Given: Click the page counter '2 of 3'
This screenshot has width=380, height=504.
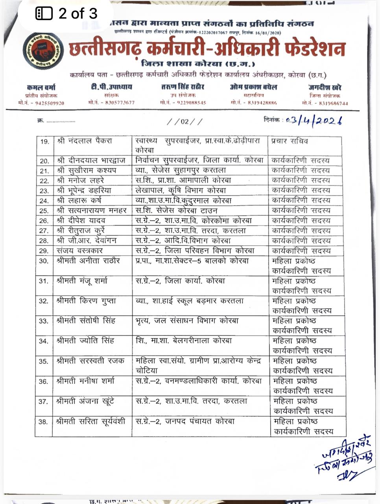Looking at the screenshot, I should tap(66, 14).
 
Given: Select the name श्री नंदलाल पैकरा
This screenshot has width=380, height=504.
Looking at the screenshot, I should tap(84, 141).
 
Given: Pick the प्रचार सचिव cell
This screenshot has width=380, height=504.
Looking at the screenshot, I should tap(290, 141).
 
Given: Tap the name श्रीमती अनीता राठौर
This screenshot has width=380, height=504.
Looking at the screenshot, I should tap(88, 261).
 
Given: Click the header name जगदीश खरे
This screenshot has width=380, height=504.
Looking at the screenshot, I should tap(325, 87).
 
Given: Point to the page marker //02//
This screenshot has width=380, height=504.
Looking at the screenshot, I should tap(184, 121).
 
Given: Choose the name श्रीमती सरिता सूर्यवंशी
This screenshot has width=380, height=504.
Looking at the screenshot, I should tap(91, 422).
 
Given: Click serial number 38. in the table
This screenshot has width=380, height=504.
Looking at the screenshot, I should tap(43, 422).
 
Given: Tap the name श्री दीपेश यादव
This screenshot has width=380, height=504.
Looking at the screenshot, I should tap(81, 221).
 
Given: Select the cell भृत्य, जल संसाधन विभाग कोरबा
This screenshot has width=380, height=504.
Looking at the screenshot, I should tap(187, 321).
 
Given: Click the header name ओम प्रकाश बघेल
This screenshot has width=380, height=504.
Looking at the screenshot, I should tap(253, 87).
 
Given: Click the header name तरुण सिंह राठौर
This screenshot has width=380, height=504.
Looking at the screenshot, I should tap(183, 87).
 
